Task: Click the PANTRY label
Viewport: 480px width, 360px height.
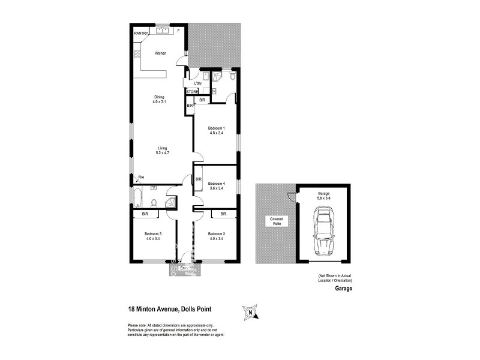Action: point(141,33)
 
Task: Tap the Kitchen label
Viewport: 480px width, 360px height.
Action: point(160,53)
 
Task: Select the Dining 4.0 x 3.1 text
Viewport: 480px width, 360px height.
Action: point(159,99)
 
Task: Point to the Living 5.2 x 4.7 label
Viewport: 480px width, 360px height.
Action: point(163,150)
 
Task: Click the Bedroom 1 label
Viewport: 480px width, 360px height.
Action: point(216,130)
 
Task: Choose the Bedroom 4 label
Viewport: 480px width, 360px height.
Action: point(216,185)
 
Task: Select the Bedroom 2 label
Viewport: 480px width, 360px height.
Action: point(216,236)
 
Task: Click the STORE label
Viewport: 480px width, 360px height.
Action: point(192,92)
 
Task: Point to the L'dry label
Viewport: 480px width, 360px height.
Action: point(197,83)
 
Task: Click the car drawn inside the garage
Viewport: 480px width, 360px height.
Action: point(324,231)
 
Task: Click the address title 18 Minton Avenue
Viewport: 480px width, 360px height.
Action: point(169,310)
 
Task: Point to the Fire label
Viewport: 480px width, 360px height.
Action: point(142,177)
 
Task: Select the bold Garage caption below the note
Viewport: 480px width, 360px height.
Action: point(343,289)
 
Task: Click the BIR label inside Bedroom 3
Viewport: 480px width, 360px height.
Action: point(145,214)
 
